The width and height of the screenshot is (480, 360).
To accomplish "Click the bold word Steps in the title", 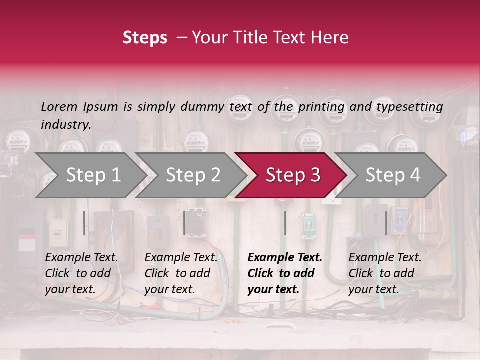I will pyautogui.click(x=145, y=38).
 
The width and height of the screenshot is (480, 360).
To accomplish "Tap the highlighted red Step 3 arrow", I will pyautogui.click(x=291, y=175).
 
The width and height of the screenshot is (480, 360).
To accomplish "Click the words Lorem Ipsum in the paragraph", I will pyautogui.click(x=79, y=107).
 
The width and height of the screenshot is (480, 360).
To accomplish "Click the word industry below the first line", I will pyautogui.click(x=66, y=125).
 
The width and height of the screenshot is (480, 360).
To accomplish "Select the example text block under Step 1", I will pyautogui.click(x=81, y=273).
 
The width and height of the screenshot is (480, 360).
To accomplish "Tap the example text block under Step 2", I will pyautogui.click(x=181, y=273).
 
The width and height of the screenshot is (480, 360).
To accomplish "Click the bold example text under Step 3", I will pyautogui.click(x=285, y=273).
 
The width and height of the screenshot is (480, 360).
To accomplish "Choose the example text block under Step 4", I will pyautogui.click(x=385, y=273).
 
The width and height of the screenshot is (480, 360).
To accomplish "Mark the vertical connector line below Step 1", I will pyautogui.click(x=84, y=223).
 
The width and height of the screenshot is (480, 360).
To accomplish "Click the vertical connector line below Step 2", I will pyautogui.click(x=184, y=223).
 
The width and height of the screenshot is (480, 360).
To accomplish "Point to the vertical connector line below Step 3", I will pyautogui.click(x=285, y=223).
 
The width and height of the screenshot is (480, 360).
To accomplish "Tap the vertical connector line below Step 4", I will pyautogui.click(x=386, y=223).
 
